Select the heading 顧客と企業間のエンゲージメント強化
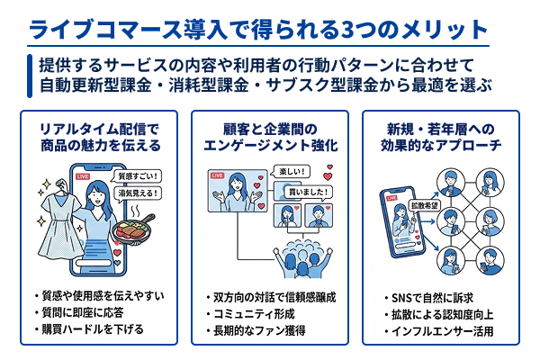coord(269,138)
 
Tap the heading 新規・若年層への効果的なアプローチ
coord(440,138)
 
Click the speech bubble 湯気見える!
coord(139,193)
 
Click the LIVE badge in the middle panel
coord(217,175)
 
